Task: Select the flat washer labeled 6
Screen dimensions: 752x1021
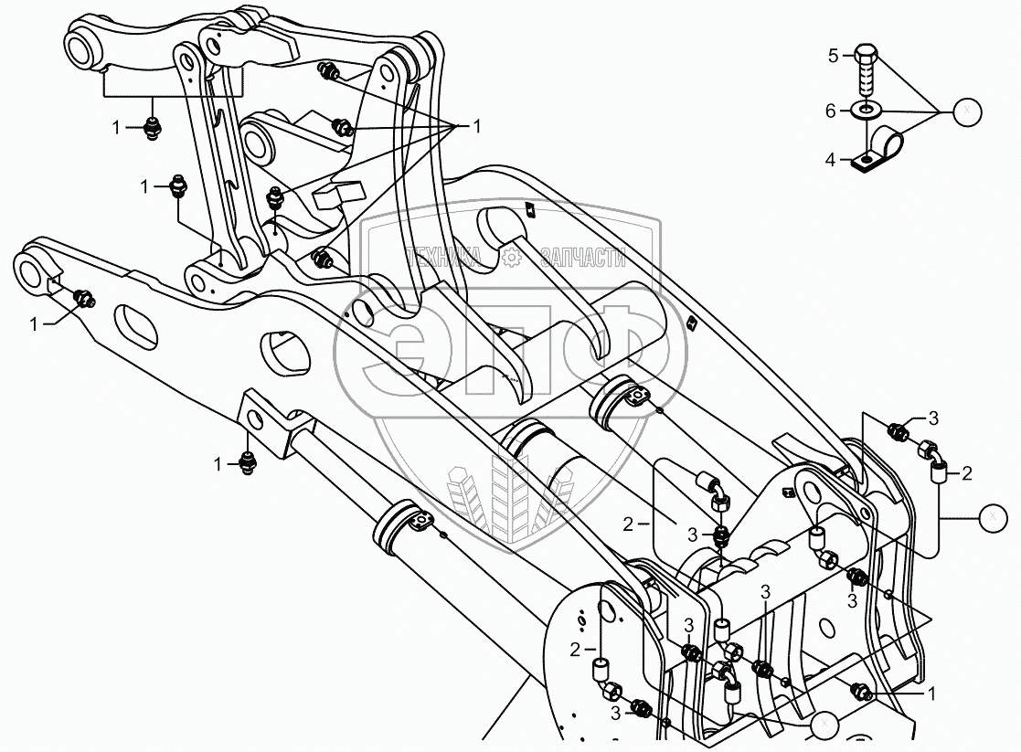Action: pos(866,111)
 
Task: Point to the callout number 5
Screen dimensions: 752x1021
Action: pos(833,57)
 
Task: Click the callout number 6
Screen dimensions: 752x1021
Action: pos(831,111)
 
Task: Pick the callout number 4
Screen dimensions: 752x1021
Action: pos(831,160)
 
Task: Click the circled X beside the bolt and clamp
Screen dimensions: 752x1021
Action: pos(967,111)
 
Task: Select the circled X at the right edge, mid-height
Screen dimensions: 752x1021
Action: pos(991,517)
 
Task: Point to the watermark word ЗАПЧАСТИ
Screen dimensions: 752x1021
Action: pos(581,259)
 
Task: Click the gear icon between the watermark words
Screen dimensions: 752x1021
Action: pos(513,259)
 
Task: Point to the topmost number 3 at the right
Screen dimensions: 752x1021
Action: pos(933,418)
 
